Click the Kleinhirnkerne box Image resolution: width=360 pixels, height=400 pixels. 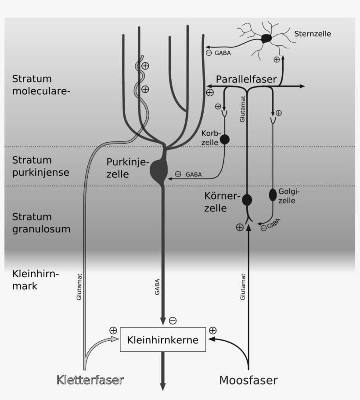[162, 339]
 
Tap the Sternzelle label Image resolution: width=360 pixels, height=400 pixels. [313, 33]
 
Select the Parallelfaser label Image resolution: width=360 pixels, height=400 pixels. [246, 79]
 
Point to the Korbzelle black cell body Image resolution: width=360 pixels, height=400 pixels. [224, 139]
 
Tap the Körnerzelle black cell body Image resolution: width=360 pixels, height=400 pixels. [247, 200]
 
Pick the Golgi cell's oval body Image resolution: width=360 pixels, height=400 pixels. [273, 194]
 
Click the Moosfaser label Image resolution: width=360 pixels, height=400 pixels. [248, 380]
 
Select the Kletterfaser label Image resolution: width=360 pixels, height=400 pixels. [90, 380]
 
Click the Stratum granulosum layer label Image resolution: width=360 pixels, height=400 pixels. [41, 223]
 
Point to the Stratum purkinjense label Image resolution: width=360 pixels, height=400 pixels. [40, 166]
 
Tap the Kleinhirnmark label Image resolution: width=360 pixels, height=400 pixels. [35, 280]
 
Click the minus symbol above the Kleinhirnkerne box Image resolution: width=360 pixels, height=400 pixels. [173, 321]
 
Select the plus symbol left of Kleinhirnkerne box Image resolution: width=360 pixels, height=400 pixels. [113, 330]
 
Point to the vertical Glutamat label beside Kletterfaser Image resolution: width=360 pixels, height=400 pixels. [79, 287]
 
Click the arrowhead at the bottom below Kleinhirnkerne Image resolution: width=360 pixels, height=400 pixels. [163, 386]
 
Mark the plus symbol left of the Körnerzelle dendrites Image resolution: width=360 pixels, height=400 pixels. [239, 227]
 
